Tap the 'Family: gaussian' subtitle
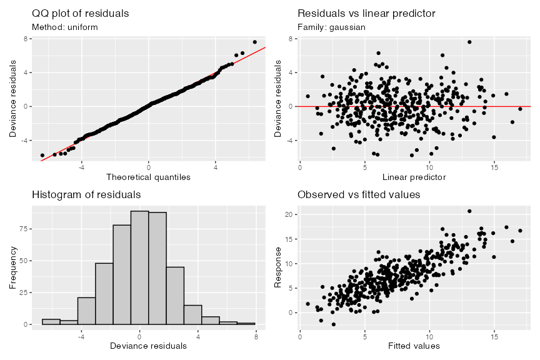(x=331, y=27)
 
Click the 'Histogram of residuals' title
(x=86, y=195)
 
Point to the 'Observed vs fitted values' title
(x=359, y=195)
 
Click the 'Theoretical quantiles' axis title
(x=149, y=177)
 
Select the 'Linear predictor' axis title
(x=414, y=177)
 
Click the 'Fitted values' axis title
(x=414, y=346)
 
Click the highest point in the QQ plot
(x=254, y=42)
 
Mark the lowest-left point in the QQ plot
(x=42, y=155)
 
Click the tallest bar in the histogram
(x=139, y=267)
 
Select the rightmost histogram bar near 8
(x=247, y=323)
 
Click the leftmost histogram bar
(x=51, y=321)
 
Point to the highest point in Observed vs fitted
(x=469, y=211)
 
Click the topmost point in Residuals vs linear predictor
(x=469, y=42)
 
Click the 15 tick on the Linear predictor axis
(x=494, y=166)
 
